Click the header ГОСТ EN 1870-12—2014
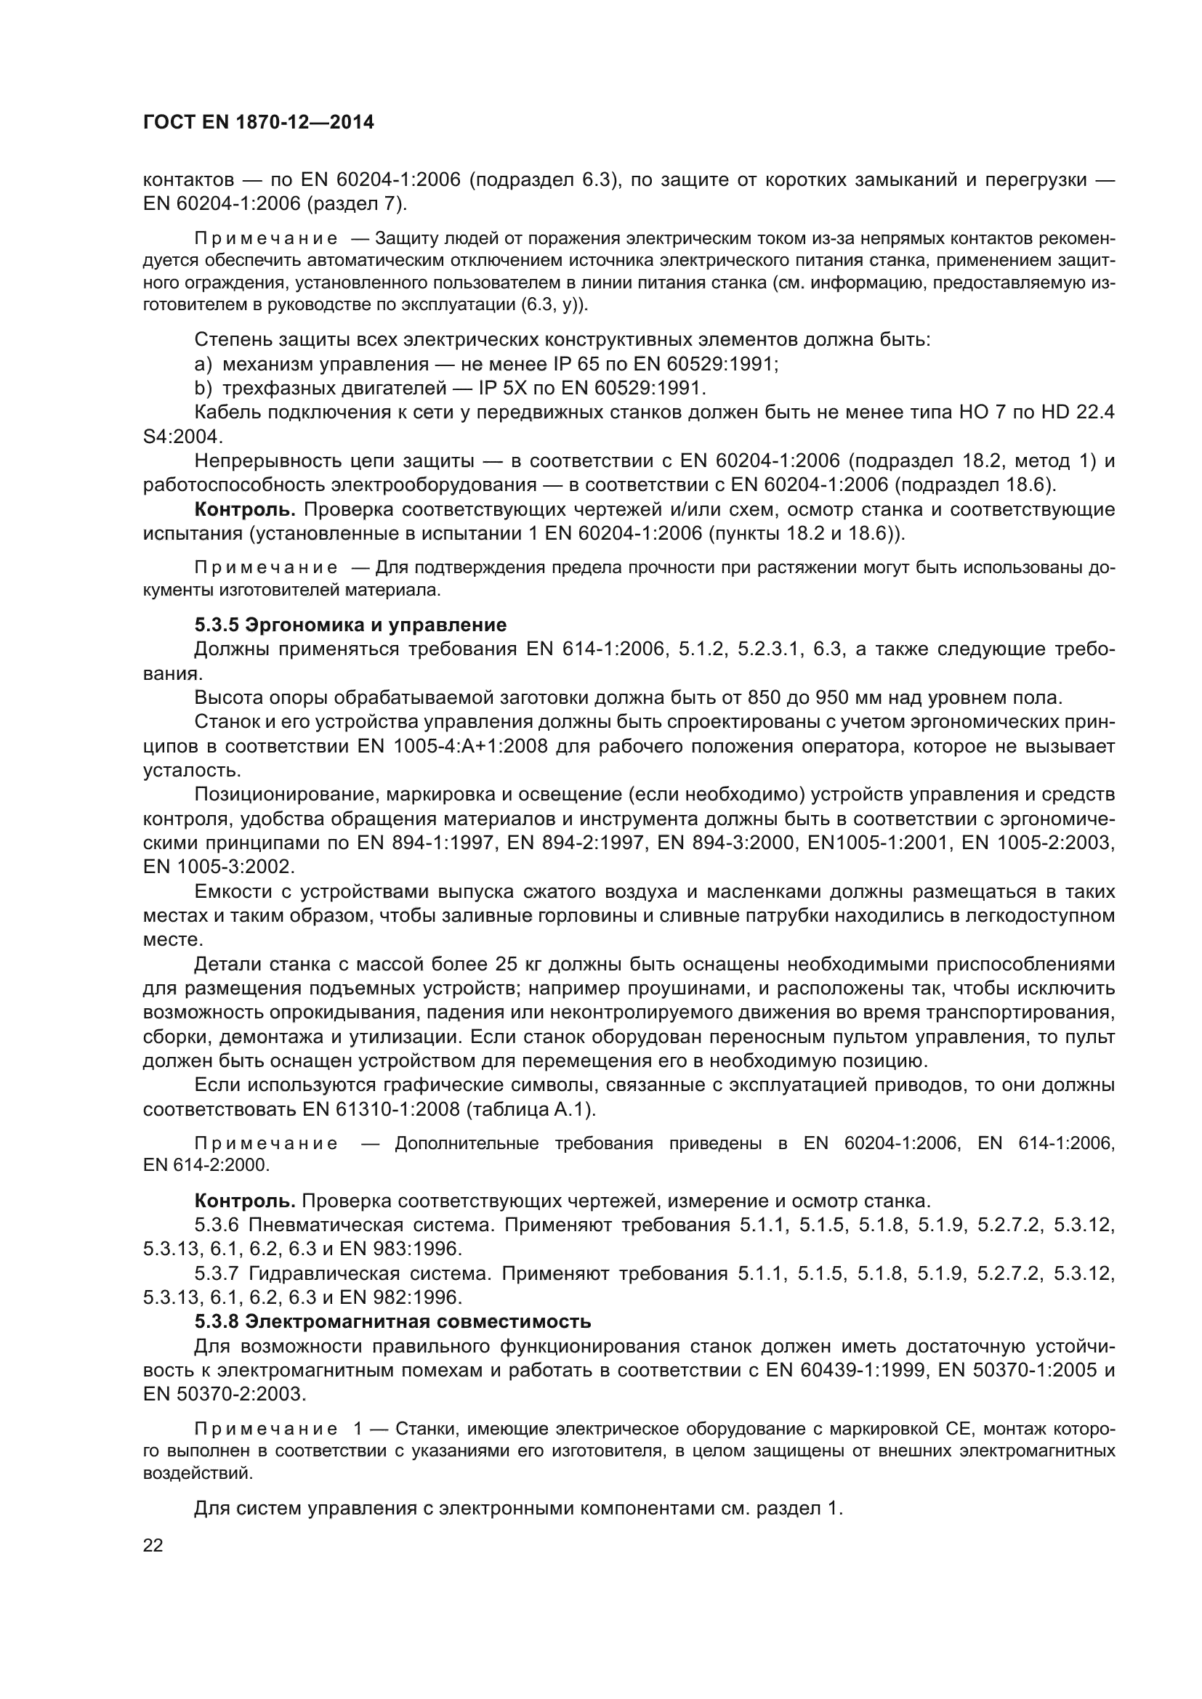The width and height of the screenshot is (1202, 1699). coord(258,123)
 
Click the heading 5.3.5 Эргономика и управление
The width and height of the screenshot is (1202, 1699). coord(350,625)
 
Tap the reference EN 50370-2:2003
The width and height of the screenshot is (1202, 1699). coord(224,1394)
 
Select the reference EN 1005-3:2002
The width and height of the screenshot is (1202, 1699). coord(219,867)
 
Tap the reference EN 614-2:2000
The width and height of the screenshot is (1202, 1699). coord(206,1165)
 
